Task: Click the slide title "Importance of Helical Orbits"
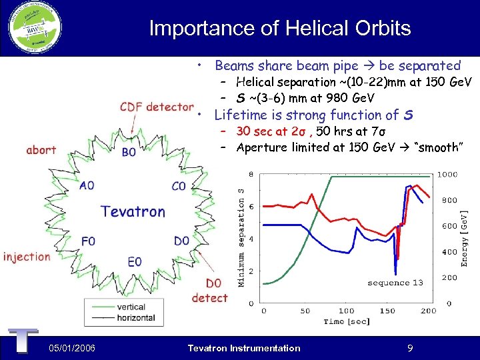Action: click(x=280, y=28)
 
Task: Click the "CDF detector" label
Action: click(x=157, y=107)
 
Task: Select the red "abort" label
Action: click(x=41, y=150)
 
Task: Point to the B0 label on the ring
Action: click(x=129, y=152)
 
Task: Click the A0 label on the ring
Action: click(x=87, y=186)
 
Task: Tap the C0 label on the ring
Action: click(x=179, y=186)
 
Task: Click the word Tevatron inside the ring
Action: click(x=133, y=212)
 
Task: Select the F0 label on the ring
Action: click(x=88, y=241)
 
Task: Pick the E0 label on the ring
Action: click(x=135, y=261)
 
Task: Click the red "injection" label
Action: click(x=27, y=257)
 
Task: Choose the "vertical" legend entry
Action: click(x=131, y=307)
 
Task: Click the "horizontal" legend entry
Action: click(x=135, y=318)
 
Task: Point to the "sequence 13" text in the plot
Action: click(x=395, y=283)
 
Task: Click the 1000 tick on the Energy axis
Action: click(x=447, y=175)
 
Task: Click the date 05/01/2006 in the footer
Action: click(x=71, y=348)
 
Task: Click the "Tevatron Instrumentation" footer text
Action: click(x=244, y=348)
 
